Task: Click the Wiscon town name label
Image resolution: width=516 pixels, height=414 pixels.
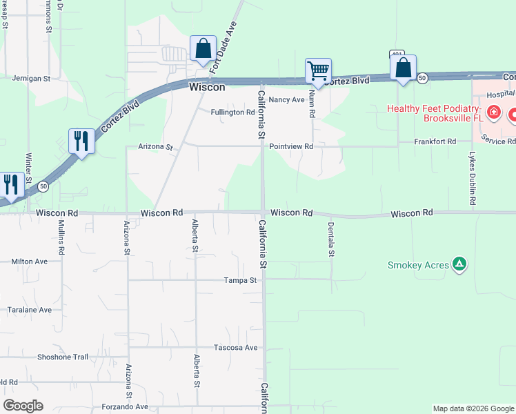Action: (x=207, y=88)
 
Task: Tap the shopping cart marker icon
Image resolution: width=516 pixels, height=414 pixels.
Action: (x=318, y=70)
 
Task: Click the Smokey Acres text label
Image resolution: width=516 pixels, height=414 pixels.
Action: (x=418, y=265)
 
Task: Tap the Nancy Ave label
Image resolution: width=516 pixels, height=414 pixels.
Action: (x=286, y=100)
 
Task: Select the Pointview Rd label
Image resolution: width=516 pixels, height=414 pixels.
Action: (x=291, y=146)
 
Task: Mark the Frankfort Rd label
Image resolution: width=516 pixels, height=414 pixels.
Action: (x=435, y=141)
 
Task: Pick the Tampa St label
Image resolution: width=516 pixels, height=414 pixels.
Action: (x=240, y=280)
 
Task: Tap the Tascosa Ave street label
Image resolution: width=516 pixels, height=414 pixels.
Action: (x=235, y=347)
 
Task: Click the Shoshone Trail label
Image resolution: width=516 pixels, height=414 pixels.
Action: (x=63, y=357)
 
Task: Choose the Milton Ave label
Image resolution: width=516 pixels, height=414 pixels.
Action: (x=30, y=262)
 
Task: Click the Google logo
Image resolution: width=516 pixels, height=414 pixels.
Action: (x=23, y=406)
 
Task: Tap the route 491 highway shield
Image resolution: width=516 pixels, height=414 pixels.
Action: (x=395, y=54)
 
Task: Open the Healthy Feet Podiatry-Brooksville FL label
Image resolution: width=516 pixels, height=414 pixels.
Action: (x=433, y=114)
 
